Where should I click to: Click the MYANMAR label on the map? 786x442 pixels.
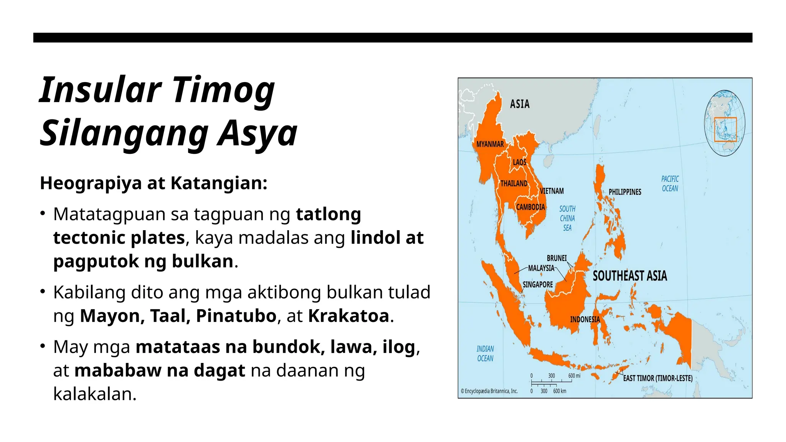pos(490,144)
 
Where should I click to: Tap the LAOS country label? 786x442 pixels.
pos(520,162)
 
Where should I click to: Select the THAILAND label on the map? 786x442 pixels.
pos(514,183)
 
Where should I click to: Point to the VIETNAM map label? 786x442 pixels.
pos(552,191)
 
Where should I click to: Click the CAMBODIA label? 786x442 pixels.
pos(530,207)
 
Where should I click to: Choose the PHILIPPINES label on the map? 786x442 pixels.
pos(625,192)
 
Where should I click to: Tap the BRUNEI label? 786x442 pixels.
pos(556,258)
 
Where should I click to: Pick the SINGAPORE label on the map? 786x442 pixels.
pos(538,285)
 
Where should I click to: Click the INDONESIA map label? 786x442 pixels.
pos(585,320)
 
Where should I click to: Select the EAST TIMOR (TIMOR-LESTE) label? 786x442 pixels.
pos(657,378)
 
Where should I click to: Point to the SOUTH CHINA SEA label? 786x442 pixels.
pos(567,218)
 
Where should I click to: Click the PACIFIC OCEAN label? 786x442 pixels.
pos(670,184)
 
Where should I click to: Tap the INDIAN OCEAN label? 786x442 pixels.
pos(485,353)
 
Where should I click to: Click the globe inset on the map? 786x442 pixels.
pos(725,123)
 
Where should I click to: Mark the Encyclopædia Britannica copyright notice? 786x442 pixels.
pos(489,391)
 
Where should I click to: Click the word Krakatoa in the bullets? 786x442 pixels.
pos(348,316)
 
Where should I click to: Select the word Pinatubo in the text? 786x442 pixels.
pos(236,316)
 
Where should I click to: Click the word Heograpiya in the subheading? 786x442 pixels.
pos(91,183)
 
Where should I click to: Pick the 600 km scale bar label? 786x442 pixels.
pos(560,391)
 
